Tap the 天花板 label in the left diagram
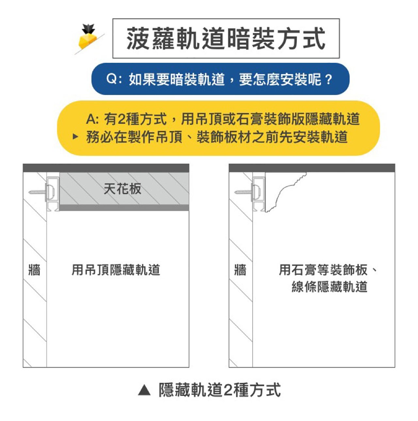(122, 189)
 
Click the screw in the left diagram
(37, 192)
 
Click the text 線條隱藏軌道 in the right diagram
(330, 287)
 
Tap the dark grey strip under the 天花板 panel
(124, 208)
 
